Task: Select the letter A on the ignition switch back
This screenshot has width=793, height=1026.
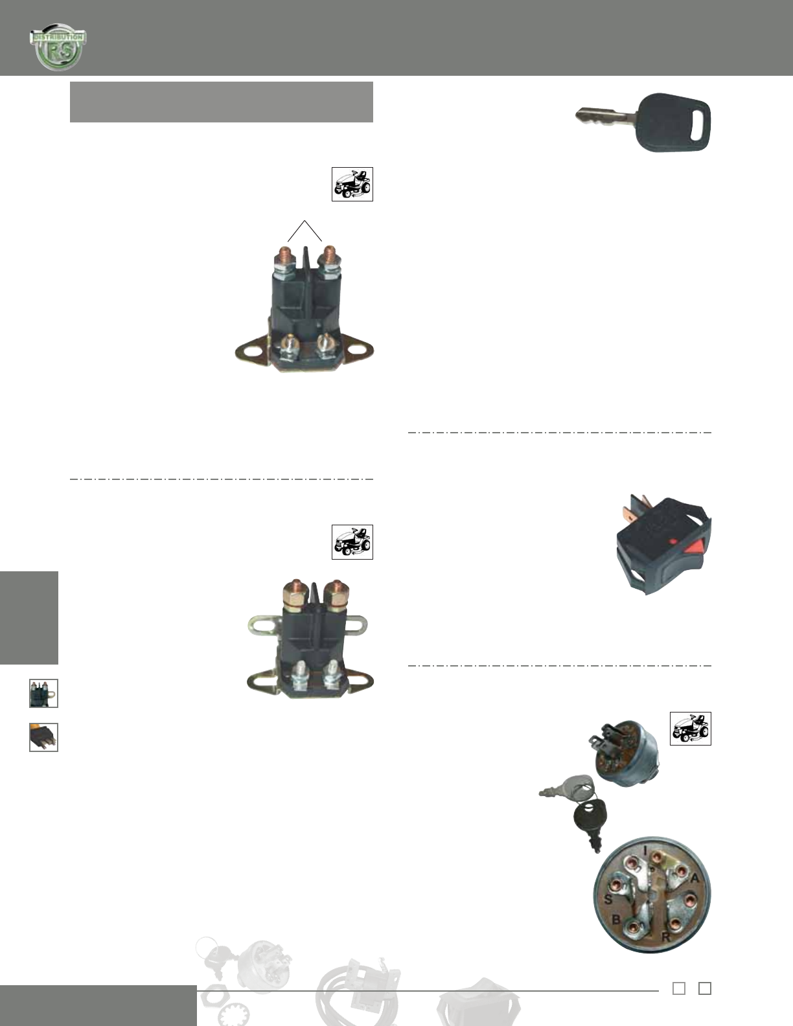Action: [696, 879]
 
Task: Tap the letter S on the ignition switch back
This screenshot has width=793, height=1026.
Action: [608, 899]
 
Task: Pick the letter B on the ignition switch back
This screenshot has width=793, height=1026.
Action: [616, 920]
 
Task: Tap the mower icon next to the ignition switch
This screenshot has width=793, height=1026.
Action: [690, 729]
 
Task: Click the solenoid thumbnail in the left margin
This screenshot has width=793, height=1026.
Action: [43, 693]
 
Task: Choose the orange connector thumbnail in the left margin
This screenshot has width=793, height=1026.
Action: [43, 737]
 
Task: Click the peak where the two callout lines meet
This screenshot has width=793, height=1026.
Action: [305, 222]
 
